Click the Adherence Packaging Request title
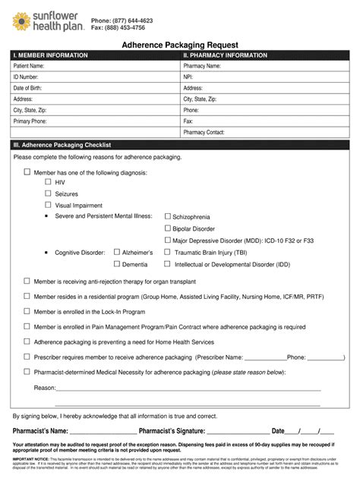coord(179,45)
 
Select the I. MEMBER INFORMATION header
coord(51,55)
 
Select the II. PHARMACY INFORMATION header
coord(225,55)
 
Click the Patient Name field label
coord(29,66)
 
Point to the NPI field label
coord(188,77)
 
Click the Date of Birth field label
coord(30,88)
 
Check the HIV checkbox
coord(49,183)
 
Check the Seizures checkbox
coord(49,193)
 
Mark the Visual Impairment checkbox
coord(49,205)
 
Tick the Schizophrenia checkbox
coord(168,216)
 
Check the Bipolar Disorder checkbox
coord(168,228)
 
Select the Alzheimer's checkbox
coord(116,252)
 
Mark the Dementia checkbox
coord(116,264)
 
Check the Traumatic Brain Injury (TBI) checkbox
coord(168,252)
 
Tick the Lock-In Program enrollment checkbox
coord(27,312)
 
